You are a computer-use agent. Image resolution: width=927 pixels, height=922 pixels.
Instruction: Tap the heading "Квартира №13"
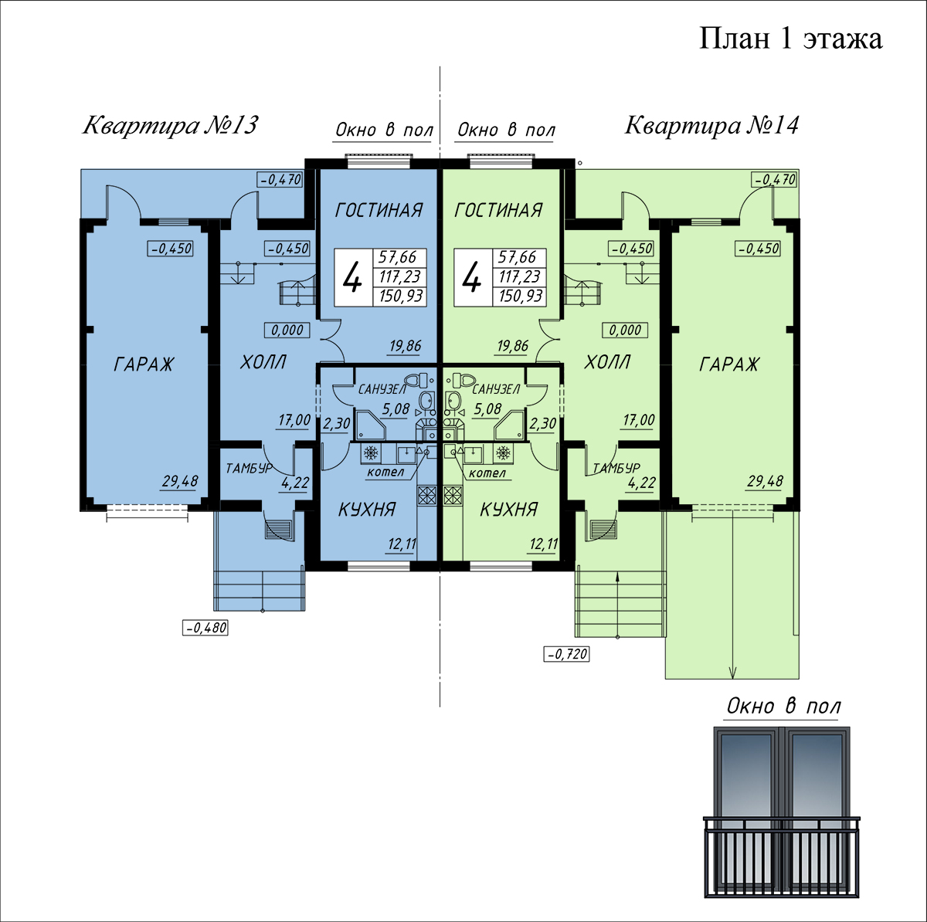[x=170, y=126]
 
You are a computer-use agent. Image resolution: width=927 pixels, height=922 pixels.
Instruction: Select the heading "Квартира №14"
[x=711, y=126]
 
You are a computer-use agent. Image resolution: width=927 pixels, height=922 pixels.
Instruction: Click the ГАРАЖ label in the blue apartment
[x=144, y=364]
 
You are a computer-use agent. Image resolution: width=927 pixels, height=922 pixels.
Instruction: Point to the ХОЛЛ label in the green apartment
[x=606, y=362]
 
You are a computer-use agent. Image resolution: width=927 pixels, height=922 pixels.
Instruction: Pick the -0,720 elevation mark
[x=567, y=654]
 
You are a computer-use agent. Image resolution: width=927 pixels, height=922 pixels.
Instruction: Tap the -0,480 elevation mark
[x=205, y=628]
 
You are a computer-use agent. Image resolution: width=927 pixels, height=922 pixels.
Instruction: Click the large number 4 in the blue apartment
[x=352, y=277]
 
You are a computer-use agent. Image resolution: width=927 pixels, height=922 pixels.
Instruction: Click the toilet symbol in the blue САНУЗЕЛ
[x=416, y=381]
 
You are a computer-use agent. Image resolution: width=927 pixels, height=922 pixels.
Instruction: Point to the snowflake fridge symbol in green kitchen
[x=503, y=453]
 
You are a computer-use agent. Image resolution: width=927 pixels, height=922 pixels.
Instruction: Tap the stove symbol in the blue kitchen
[x=426, y=495]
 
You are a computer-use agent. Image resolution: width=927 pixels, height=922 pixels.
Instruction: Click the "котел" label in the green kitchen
[x=487, y=473]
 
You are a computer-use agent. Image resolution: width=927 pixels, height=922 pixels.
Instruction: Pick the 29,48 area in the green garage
[x=765, y=481]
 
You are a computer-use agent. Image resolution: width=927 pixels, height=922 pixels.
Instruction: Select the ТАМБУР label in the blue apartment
[x=250, y=468]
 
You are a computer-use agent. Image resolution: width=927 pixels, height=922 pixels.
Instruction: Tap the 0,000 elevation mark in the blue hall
[x=287, y=330]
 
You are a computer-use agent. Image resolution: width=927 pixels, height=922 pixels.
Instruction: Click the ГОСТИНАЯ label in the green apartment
[x=498, y=211]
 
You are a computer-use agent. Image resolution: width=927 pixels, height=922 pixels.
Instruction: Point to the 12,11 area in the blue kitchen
[x=402, y=544]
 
